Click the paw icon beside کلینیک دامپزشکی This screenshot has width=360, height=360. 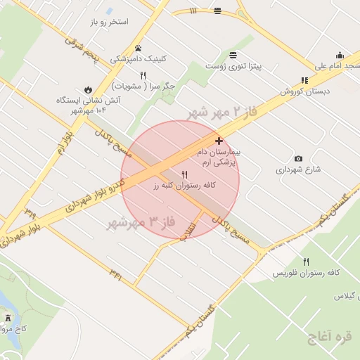138,49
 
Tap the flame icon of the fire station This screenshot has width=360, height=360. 87,89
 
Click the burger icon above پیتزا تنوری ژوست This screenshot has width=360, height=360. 233,54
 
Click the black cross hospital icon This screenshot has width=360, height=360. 219,141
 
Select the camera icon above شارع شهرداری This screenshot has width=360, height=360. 299,158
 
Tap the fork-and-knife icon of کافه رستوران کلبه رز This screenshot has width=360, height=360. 185,174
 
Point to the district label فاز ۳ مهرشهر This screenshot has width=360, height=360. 141,223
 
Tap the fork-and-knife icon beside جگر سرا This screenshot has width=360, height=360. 143,75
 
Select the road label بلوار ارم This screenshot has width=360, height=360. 62,141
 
